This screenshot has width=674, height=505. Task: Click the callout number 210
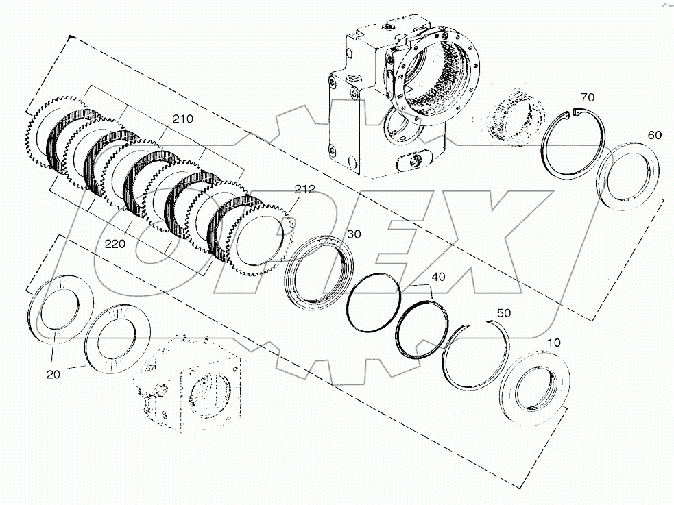coord(183,119)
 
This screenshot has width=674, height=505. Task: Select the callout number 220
coord(115,243)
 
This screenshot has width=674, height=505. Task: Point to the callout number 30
coord(353,234)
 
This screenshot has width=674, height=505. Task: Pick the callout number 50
coord(503,312)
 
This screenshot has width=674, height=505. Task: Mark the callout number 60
coord(654,135)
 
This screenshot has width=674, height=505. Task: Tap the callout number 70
coord(588,97)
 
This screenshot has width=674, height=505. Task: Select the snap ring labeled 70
coord(573,143)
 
